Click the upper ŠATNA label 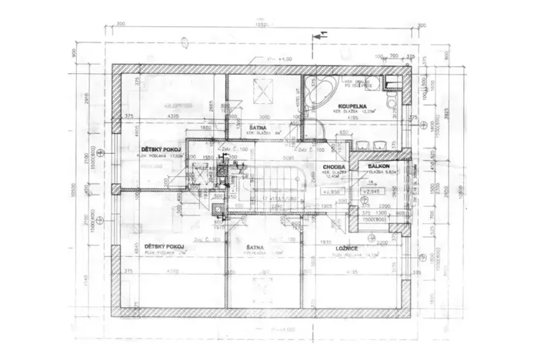(259, 128)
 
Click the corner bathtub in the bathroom (318, 92)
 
